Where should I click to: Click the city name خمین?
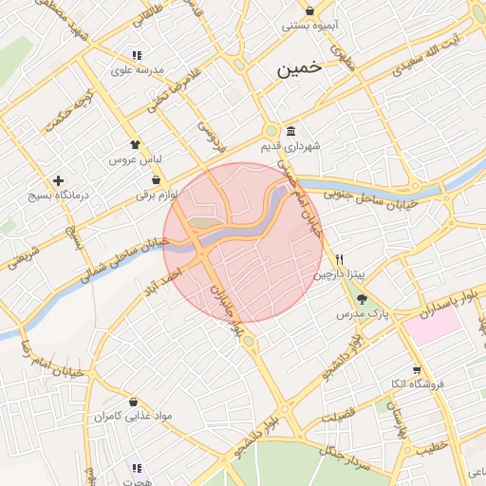(x=300, y=69)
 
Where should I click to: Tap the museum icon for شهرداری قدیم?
(x=290, y=131)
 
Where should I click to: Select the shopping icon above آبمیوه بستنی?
(x=310, y=10)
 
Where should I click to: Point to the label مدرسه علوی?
(x=139, y=70)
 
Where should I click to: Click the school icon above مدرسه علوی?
(x=138, y=55)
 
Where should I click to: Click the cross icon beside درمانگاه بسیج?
(x=59, y=179)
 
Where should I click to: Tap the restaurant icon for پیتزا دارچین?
(x=339, y=259)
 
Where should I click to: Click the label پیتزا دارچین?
(x=339, y=274)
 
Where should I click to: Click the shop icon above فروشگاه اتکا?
(x=417, y=370)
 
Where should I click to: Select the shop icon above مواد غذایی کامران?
(x=132, y=402)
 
